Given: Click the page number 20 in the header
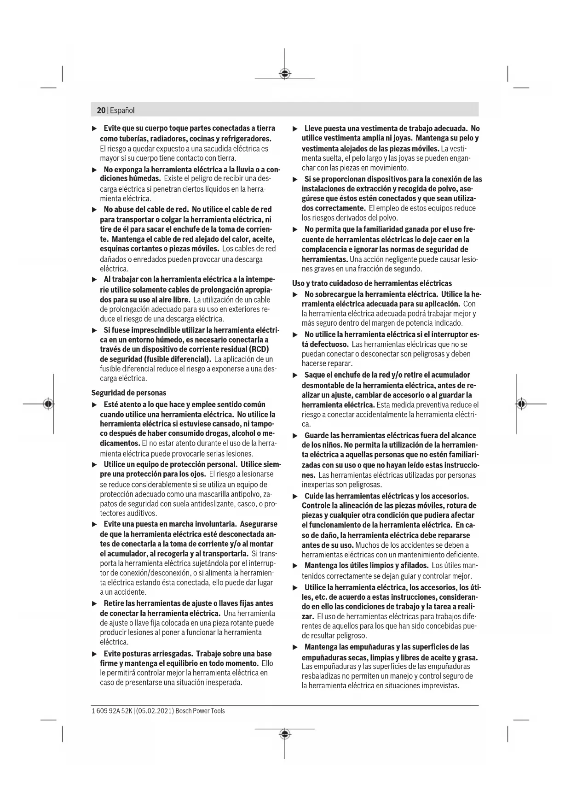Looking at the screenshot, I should tap(101, 111).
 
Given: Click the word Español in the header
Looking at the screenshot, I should tap(122, 111).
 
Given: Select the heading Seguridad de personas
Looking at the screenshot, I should tap(129, 393).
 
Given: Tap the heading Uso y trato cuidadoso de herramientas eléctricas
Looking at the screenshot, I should tap(372, 283).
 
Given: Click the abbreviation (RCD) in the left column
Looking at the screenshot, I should tap(256, 349).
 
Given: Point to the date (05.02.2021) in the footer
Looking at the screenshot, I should tap(155, 711).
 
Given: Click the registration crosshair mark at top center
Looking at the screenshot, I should tap(285, 74).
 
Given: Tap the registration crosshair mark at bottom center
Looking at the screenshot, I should tap(285, 734).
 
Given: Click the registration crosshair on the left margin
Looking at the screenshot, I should tap(48, 404).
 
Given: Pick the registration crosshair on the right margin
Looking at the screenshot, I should tap(521, 404).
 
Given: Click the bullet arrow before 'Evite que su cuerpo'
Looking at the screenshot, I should tap(94, 128).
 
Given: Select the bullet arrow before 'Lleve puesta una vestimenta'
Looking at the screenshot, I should tap(295, 129).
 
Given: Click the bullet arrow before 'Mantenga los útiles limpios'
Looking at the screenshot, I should tap(295, 566).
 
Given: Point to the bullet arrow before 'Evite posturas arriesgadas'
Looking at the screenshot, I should tap(94, 654).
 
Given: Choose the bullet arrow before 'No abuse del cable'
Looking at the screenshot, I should tap(94, 210).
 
